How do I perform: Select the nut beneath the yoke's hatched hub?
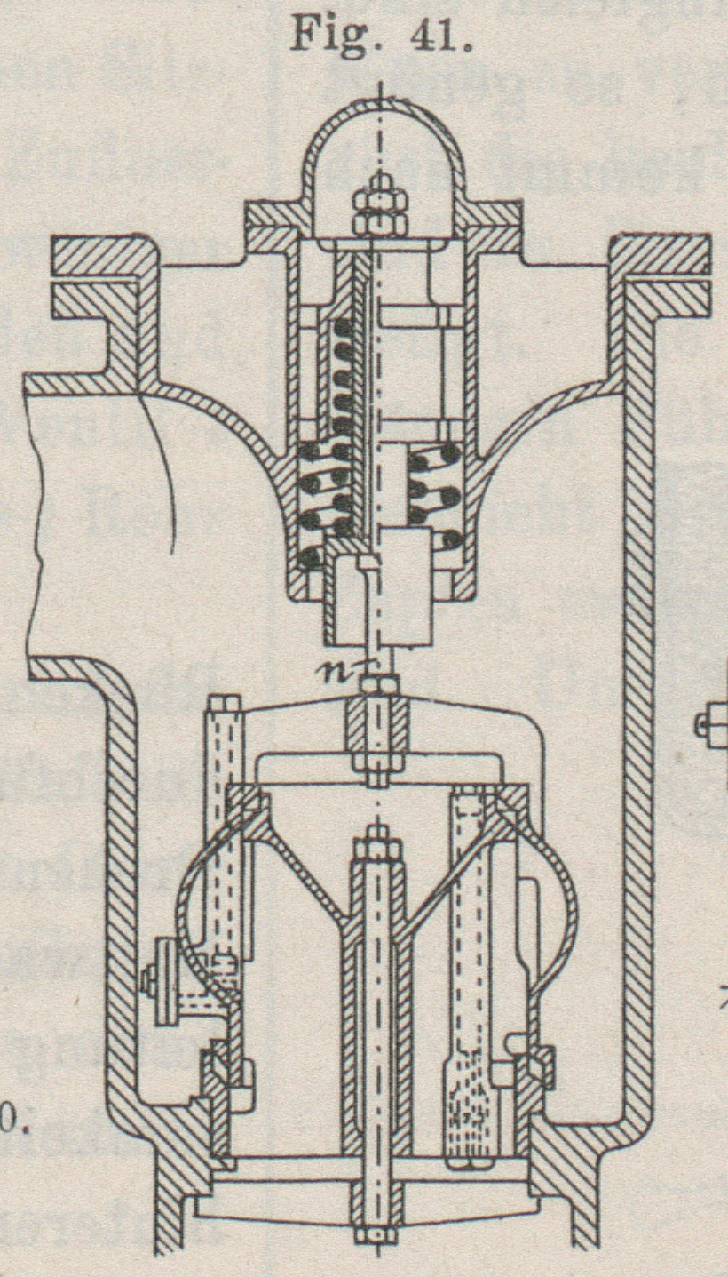coord(379,770)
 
